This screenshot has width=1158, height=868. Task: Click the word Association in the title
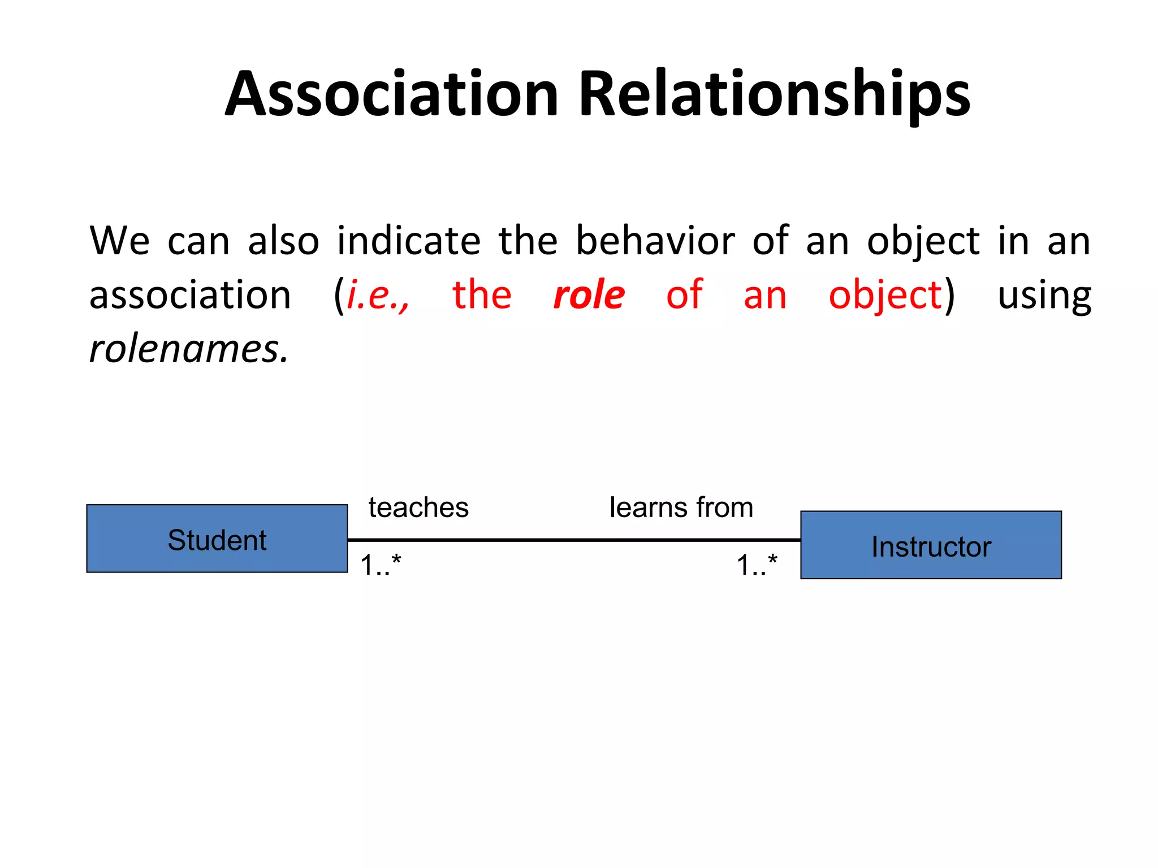click(392, 94)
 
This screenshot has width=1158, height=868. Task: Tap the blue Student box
click(217, 539)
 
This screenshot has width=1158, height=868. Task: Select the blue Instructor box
click(931, 545)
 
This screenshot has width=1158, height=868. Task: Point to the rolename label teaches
click(418, 507)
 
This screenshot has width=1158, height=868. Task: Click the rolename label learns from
click(681, 507)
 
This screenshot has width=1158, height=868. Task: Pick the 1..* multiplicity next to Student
click(381, 565)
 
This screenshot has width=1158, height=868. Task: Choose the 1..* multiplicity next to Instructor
click(757, 565)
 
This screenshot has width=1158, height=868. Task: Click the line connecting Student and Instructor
click(574, 540)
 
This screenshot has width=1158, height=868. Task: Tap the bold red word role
click(589, 295)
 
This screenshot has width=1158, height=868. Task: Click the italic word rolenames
click(189, 349)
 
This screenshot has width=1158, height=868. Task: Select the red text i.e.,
click(378, 295)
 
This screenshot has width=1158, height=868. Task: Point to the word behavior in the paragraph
click(655, 241)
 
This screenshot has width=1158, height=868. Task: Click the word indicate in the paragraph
click(408, 241)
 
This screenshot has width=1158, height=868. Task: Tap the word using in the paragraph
click(1044, 296)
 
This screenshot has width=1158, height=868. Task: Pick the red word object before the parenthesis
click(885, 296)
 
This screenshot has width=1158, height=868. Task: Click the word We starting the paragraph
click(119, 241)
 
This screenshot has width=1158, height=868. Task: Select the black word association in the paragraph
click(190, 295)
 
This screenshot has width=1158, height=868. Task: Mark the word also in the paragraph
click(283, 241)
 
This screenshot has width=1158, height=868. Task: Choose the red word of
click(684, 295)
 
